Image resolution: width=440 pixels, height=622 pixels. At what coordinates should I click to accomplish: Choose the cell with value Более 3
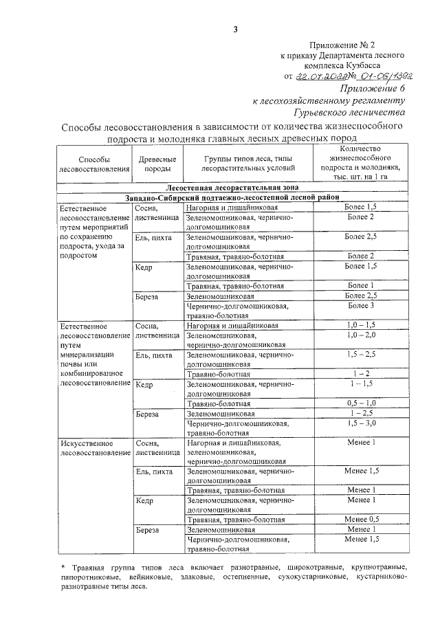click(x=360, y=305)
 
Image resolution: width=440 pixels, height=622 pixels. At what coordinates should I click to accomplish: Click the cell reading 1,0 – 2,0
click(x=360, y=334)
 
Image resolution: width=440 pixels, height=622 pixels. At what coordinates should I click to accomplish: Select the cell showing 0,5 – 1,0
click(x=360, y=403)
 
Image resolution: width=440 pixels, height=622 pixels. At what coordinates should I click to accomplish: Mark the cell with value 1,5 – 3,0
click(x=360, y=424)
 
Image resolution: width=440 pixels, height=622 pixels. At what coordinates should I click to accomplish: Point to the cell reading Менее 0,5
click(x=360, y=520)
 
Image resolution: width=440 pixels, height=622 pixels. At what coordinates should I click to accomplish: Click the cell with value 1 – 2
click(x=360, y=374)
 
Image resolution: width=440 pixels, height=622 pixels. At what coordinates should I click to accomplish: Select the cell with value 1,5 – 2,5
click(x=360, y=354)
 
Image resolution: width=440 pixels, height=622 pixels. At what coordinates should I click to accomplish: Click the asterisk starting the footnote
click(x=63, y=567)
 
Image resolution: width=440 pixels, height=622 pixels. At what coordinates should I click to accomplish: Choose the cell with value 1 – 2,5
click(x=360, y=414)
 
